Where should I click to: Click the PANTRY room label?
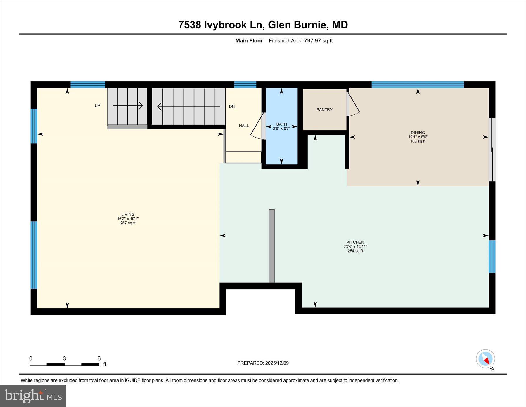[324, 110]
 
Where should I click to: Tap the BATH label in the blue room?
[281, 124]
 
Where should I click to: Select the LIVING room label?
[128, 214]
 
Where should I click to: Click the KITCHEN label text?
[355, 242]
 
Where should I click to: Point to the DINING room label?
[418, 133]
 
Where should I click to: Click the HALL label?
[244, 126]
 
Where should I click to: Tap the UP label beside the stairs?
[97, 105]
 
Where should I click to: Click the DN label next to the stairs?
[232, 107]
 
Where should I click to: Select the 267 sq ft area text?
[128, 223]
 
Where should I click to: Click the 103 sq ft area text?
[418, 141]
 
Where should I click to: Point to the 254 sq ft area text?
[355, 251]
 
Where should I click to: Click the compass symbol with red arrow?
[485, 359]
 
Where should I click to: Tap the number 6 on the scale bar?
[99, 358]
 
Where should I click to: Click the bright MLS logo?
[33, 396]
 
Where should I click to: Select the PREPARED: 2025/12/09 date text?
[263, 363]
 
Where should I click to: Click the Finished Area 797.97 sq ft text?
[300, 41]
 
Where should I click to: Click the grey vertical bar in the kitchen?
[272, 246]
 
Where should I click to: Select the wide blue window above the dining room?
[418, 85]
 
